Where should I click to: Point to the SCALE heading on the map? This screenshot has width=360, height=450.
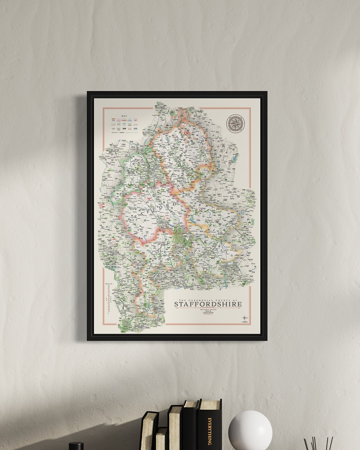109,284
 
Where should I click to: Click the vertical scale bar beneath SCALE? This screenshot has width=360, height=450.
109,299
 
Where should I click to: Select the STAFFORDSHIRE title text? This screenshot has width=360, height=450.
208,304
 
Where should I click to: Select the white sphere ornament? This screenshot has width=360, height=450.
250,430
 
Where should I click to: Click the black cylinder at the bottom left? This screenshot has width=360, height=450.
76,446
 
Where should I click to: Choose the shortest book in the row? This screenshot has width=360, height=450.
161,438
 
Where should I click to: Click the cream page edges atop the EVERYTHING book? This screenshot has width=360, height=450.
210,404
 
